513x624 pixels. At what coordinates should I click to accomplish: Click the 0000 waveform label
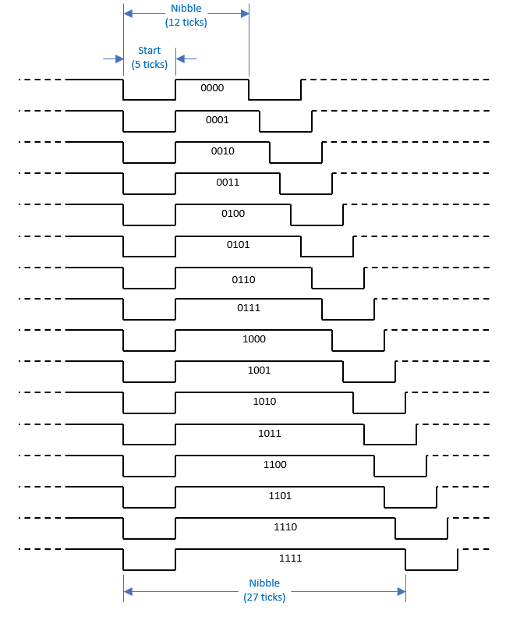[x=212, y=88]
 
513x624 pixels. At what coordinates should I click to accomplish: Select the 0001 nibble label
[x=218, y=120]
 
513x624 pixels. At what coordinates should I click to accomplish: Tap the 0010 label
[x=223, y=151]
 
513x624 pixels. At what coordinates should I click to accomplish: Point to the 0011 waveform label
[x=228, y=183]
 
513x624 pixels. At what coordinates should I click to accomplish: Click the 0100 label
[x=233, y=213]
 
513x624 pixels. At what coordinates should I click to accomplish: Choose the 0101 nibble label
[x=239, y=245]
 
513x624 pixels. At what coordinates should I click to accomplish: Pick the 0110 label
[x=243, y=280]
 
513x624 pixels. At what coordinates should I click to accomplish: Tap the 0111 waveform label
[x=249, y=307]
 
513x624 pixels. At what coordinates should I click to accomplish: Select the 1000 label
[x=254, y=339]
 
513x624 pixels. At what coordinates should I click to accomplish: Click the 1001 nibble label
[x=260, y=370]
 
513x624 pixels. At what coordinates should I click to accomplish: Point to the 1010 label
[x=264, y=402]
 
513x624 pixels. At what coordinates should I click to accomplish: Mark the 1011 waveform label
[x=270, y=434]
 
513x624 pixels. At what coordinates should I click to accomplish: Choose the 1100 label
[x=274, y=464]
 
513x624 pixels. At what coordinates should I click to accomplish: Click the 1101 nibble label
[x=280, y=496]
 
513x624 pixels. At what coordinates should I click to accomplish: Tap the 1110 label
[x=285, y=527]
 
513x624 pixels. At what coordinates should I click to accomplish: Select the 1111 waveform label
[x=291, y=558]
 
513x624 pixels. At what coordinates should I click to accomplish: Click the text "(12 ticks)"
[x=186, y=23]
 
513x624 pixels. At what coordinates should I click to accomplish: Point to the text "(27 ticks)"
[x=264, y=597]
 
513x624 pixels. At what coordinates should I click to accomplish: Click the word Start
[x=149, y=51]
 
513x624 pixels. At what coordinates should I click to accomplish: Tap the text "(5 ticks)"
[x=150, y=65]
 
